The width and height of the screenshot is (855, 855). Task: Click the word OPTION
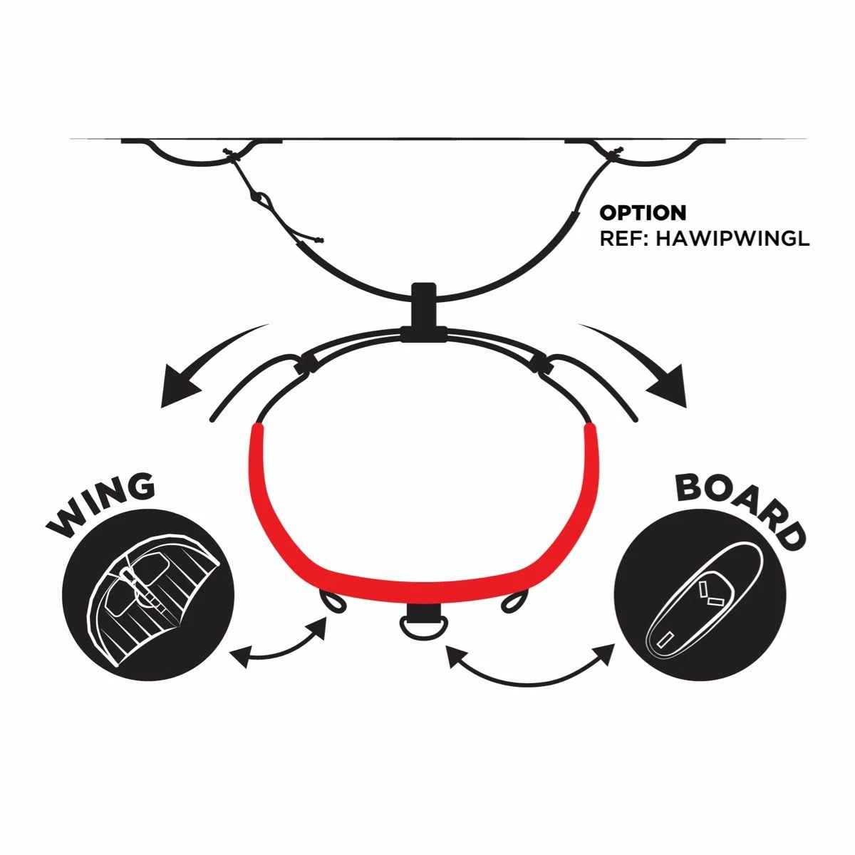pos(643,212)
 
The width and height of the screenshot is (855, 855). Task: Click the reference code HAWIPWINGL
pos(732,238)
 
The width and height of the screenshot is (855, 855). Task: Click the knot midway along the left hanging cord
pos(259,198)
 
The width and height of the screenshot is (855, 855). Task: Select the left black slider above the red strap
pos(306,363)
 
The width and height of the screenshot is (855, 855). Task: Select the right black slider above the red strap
pos(541,363)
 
